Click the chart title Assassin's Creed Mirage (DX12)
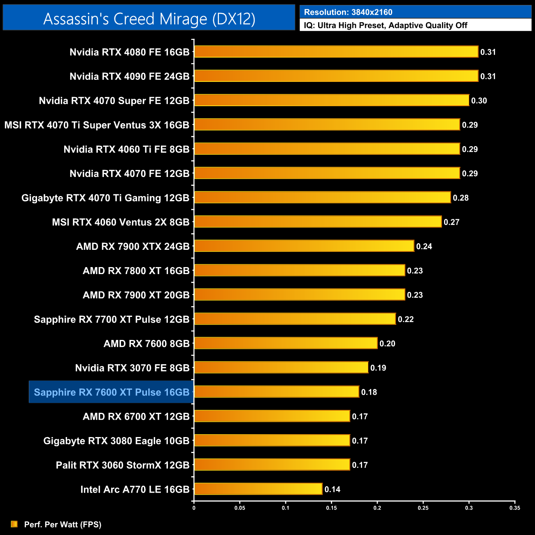click(149, 19)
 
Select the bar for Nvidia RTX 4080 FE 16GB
click(336, 52)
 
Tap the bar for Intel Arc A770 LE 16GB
click(258, 489)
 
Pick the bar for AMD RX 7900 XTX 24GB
click(304, 246)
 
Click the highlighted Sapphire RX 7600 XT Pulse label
click(111, 392)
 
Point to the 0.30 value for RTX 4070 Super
click(479, 101)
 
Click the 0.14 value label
click(333, 489)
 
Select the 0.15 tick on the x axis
click(331, 508)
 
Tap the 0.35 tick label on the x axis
click(515, 508)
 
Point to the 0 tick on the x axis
click(194, 508)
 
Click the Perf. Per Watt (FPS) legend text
click(63, 524)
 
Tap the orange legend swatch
click(14, 524)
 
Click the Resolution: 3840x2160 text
click(348, 12)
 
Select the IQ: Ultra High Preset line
click(386, 26)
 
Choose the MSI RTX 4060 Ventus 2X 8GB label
click(121, 222)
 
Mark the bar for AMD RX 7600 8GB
click(286, 343)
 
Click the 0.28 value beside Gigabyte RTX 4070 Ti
click(461, 198)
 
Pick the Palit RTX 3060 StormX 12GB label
click(123, 465)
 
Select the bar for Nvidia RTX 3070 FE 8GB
click(281, 368)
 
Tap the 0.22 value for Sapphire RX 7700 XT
click(406, 319)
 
